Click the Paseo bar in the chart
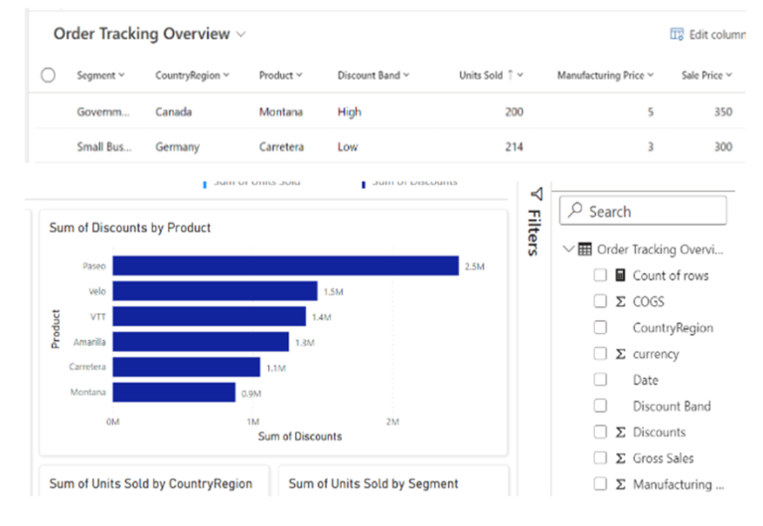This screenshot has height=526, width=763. [x=285, y=265]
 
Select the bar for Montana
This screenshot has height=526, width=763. [x=174, y=393]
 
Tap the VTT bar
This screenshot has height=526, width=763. [x=209, y=316]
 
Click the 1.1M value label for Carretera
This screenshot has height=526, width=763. [x=275, y=368]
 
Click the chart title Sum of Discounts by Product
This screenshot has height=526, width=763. [x=130, y=228]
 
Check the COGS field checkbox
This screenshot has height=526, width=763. [x=600, y=301]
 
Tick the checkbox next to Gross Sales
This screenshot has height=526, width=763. [x=600, y=458]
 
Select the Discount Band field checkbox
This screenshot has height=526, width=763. [x=600, y=406]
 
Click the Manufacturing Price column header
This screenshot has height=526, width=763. [x=605, y=76]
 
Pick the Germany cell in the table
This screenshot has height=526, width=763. [x=177, y=147]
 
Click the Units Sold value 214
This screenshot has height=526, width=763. [x=513, y=147]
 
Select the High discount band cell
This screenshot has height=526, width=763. [x=349, y=112]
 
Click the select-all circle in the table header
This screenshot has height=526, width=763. [x=48, y=76]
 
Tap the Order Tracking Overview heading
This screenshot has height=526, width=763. [x=141, y=34]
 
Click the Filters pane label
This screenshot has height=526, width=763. [x=534, y=231]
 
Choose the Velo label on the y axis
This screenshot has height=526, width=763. [x=96, y=291]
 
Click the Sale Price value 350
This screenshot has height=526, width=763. [x=721, y=112]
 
